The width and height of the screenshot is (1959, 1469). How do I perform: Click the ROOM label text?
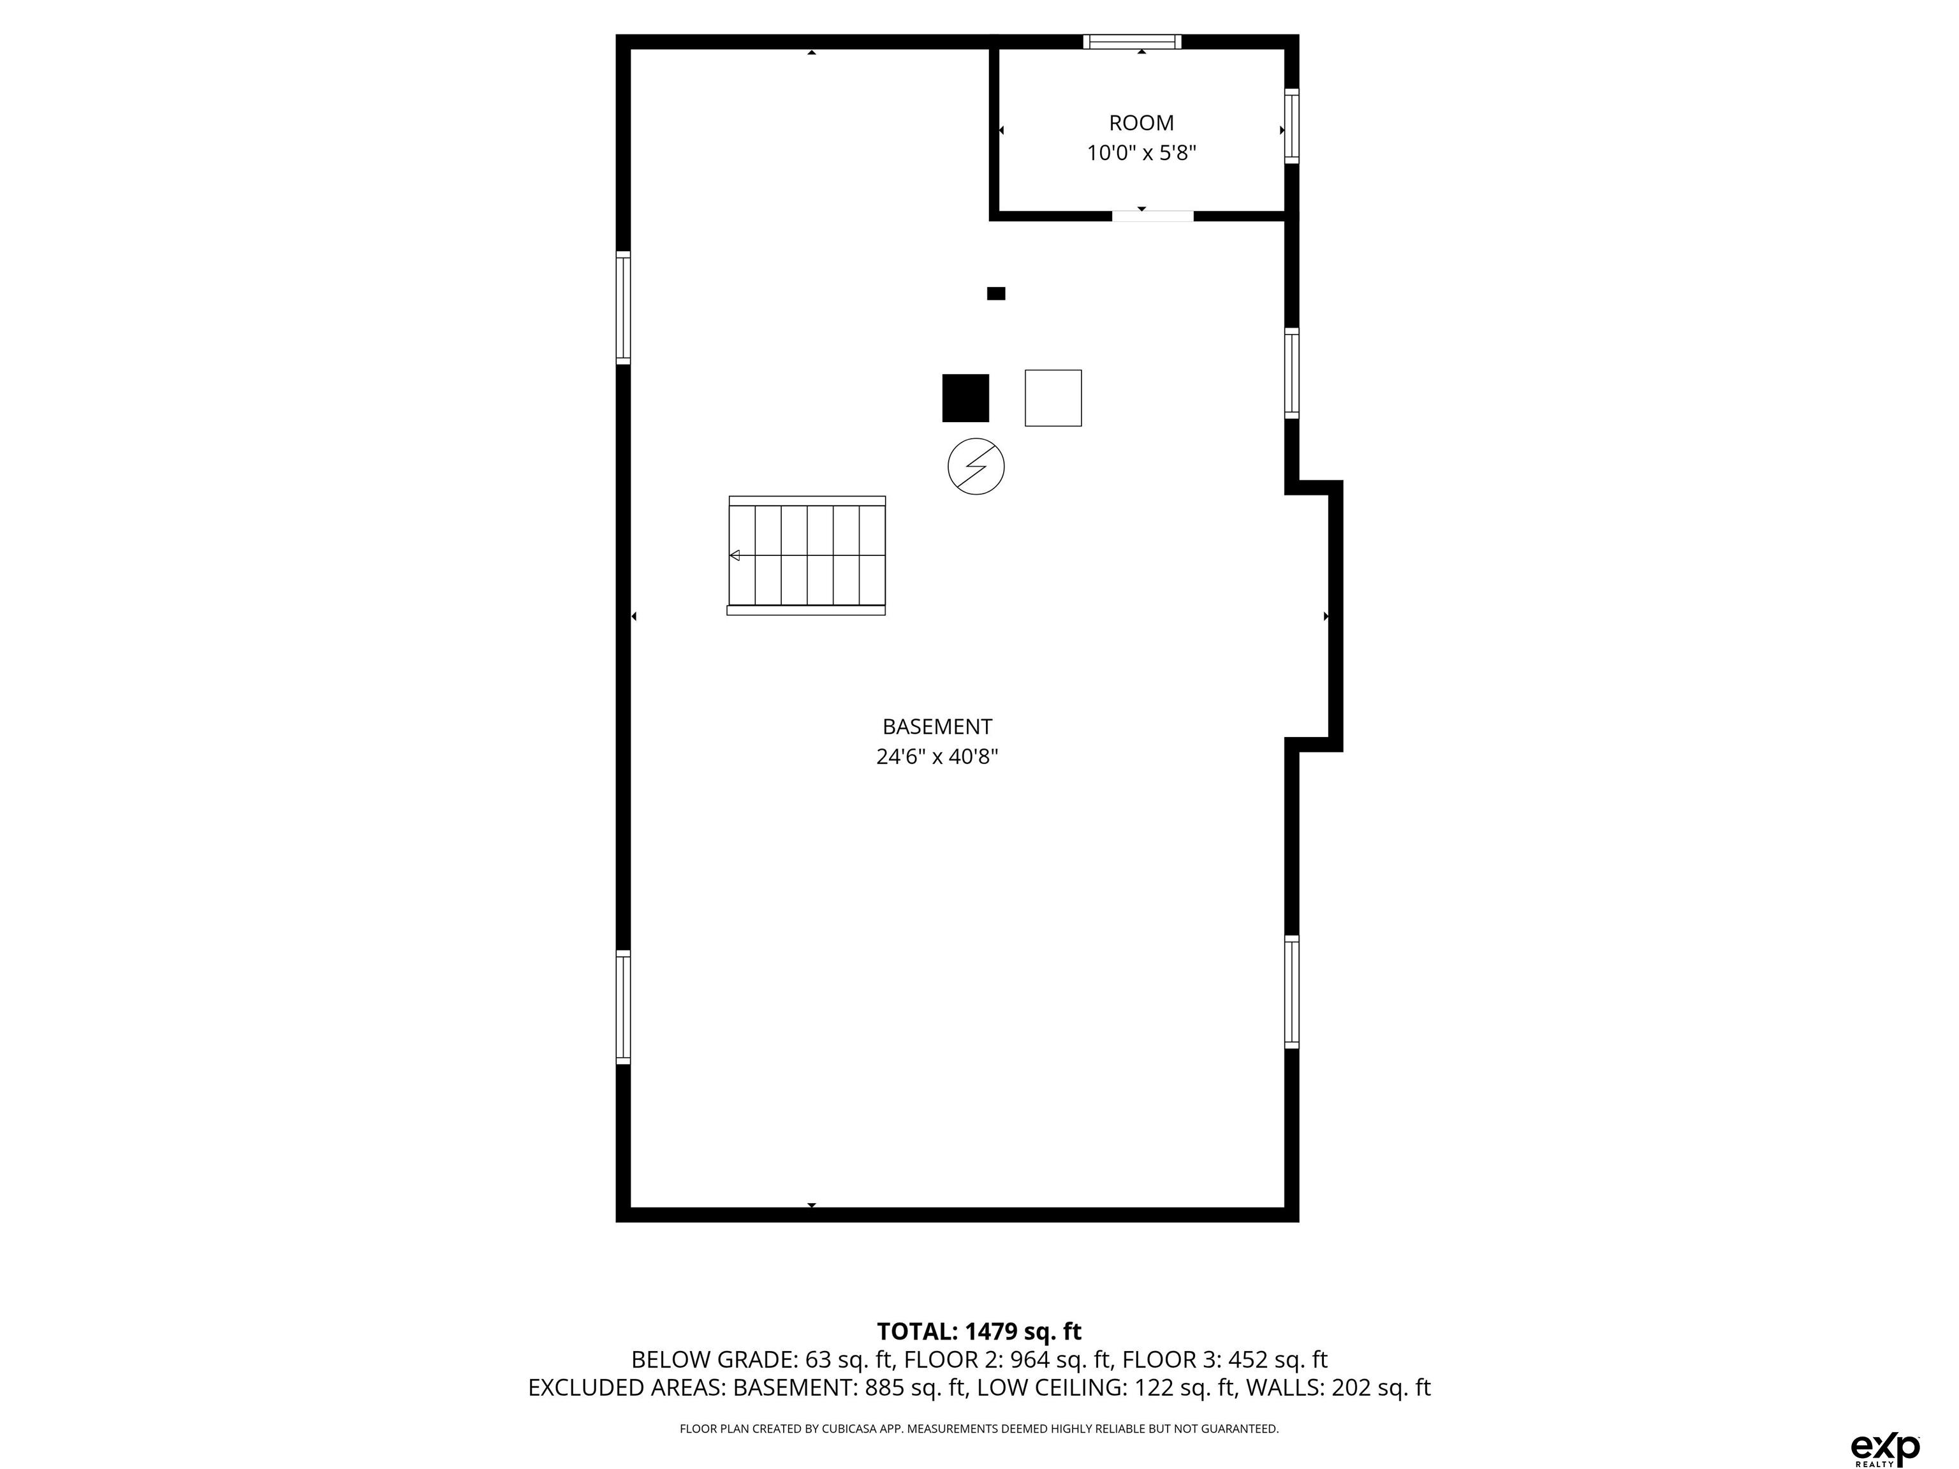point(1141,123)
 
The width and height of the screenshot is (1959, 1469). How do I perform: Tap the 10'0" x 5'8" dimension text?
point(1141,153)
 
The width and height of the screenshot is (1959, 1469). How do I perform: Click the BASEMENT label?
point(937,727)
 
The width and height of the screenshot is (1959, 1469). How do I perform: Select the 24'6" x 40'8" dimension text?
point(937,757)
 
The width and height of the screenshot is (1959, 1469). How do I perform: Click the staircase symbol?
point(807,555)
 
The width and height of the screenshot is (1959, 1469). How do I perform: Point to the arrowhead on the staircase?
point(734,555)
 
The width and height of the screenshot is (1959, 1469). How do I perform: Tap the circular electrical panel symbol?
point(976,466)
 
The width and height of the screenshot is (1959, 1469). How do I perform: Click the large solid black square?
point(965,398)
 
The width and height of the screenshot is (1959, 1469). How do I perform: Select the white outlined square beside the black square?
point(1053,398)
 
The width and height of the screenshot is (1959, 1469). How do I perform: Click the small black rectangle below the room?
point(996,294)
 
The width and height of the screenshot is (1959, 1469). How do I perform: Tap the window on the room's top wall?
point(1132,41)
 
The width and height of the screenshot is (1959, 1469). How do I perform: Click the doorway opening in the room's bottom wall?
point(1153,215)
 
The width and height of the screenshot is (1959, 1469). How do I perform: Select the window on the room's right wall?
point(1292,126)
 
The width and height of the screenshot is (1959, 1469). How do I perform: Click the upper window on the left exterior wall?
point(624,307)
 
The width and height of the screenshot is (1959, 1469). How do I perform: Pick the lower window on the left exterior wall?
point(624,1007)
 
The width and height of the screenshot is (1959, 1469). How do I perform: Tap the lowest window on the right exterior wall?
point(1292,991)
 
